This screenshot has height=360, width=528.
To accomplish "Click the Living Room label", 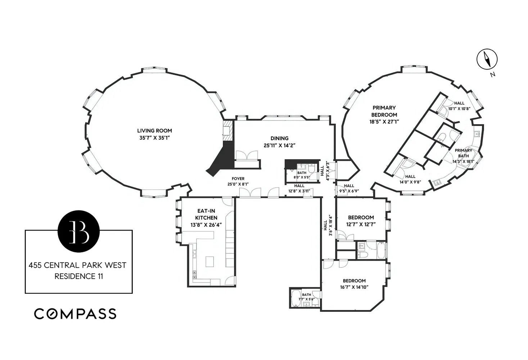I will click(154, 131).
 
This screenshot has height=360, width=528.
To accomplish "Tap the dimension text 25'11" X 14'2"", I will click(279, 145).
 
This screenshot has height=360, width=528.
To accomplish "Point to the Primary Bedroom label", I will click(384, 111).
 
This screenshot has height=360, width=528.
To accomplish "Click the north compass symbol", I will click(487, 59).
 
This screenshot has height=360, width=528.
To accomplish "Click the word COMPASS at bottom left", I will click(75, 314).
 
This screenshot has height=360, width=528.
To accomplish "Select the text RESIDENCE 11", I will click(78, 276).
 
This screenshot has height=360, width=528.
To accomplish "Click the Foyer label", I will click(238, 179).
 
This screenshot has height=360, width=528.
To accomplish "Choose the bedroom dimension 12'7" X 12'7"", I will click(361, 224).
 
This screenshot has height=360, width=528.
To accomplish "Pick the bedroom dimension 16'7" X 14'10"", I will click(354, 287).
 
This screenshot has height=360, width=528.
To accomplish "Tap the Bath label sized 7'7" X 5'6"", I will click(306, 295).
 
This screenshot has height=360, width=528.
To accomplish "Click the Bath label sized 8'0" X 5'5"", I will click(302, 173).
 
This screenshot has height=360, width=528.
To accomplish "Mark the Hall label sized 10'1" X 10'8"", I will click(459, 103).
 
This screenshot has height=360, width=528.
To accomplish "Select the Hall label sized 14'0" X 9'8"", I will click(410, 176).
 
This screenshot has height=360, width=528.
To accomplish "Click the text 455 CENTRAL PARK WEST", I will click(77, 265).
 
